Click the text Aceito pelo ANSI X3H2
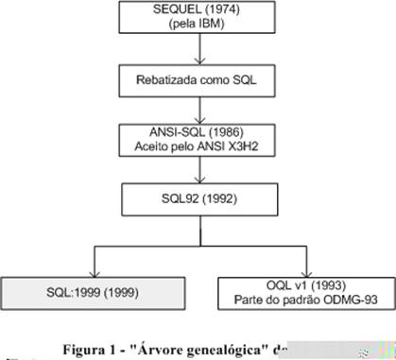pyautogui.click(x=198, y=147)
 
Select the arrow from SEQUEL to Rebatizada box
pyautogui.click(x=198, y=52)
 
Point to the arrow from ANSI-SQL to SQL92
pyautogui.click(x=198, y=171)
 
